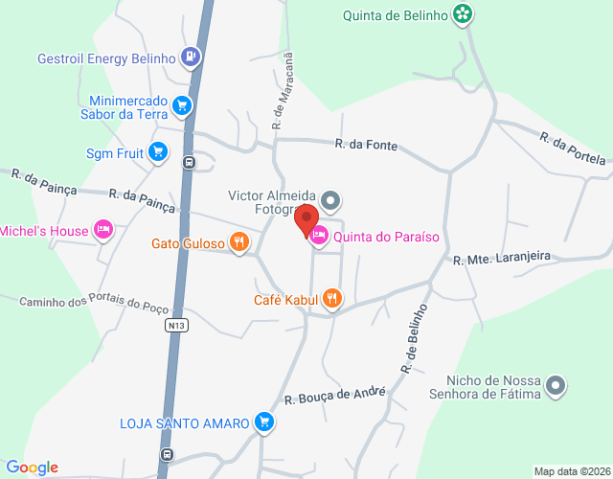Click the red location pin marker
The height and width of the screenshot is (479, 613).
pyautogui.click(x=307, y=220)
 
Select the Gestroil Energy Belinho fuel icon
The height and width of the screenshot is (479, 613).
pyautogui.click(x=192, y=57)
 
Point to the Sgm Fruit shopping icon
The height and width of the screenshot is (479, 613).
pyautogui.click(x=158, y=151)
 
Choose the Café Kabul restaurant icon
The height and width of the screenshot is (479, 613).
pyautogui.click(x=332, y=299)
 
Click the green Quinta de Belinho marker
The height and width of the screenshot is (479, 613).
pyautogui.click(x=464, y=14)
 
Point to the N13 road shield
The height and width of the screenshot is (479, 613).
pyautogui.click(x=174, y=326)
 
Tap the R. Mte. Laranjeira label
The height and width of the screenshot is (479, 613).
pyautogui.click(x=502, y=258)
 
